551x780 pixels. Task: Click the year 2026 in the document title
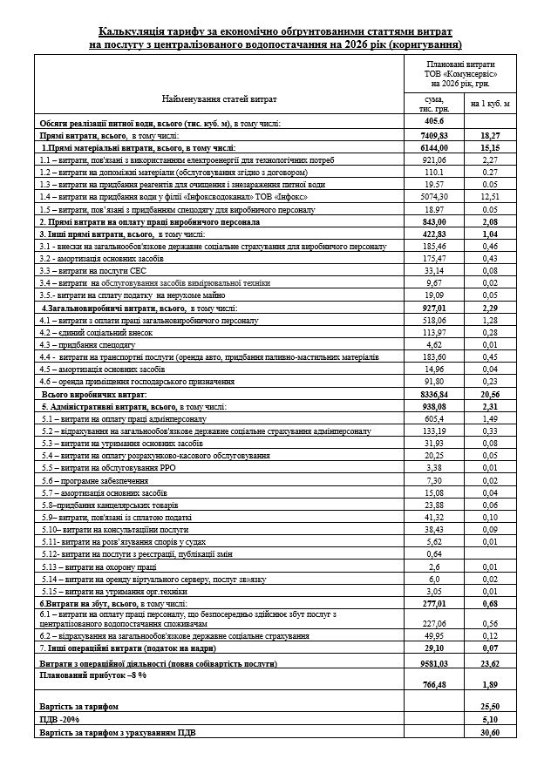(x=337, y=43)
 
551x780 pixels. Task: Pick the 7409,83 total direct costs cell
(x=433, y=136)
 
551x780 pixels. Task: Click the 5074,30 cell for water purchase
(x=433, y=197)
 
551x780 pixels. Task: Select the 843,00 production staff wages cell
(x=433, y=222)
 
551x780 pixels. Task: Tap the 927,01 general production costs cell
(x=433, y=308)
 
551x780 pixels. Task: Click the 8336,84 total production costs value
(x=433, y=394)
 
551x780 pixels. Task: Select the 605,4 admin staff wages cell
(x=433, y=418)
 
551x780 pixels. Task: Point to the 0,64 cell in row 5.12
(x=433, y=553)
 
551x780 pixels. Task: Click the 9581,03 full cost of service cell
(x=433, y=663)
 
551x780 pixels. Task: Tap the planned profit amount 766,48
(x=433, y=685)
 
